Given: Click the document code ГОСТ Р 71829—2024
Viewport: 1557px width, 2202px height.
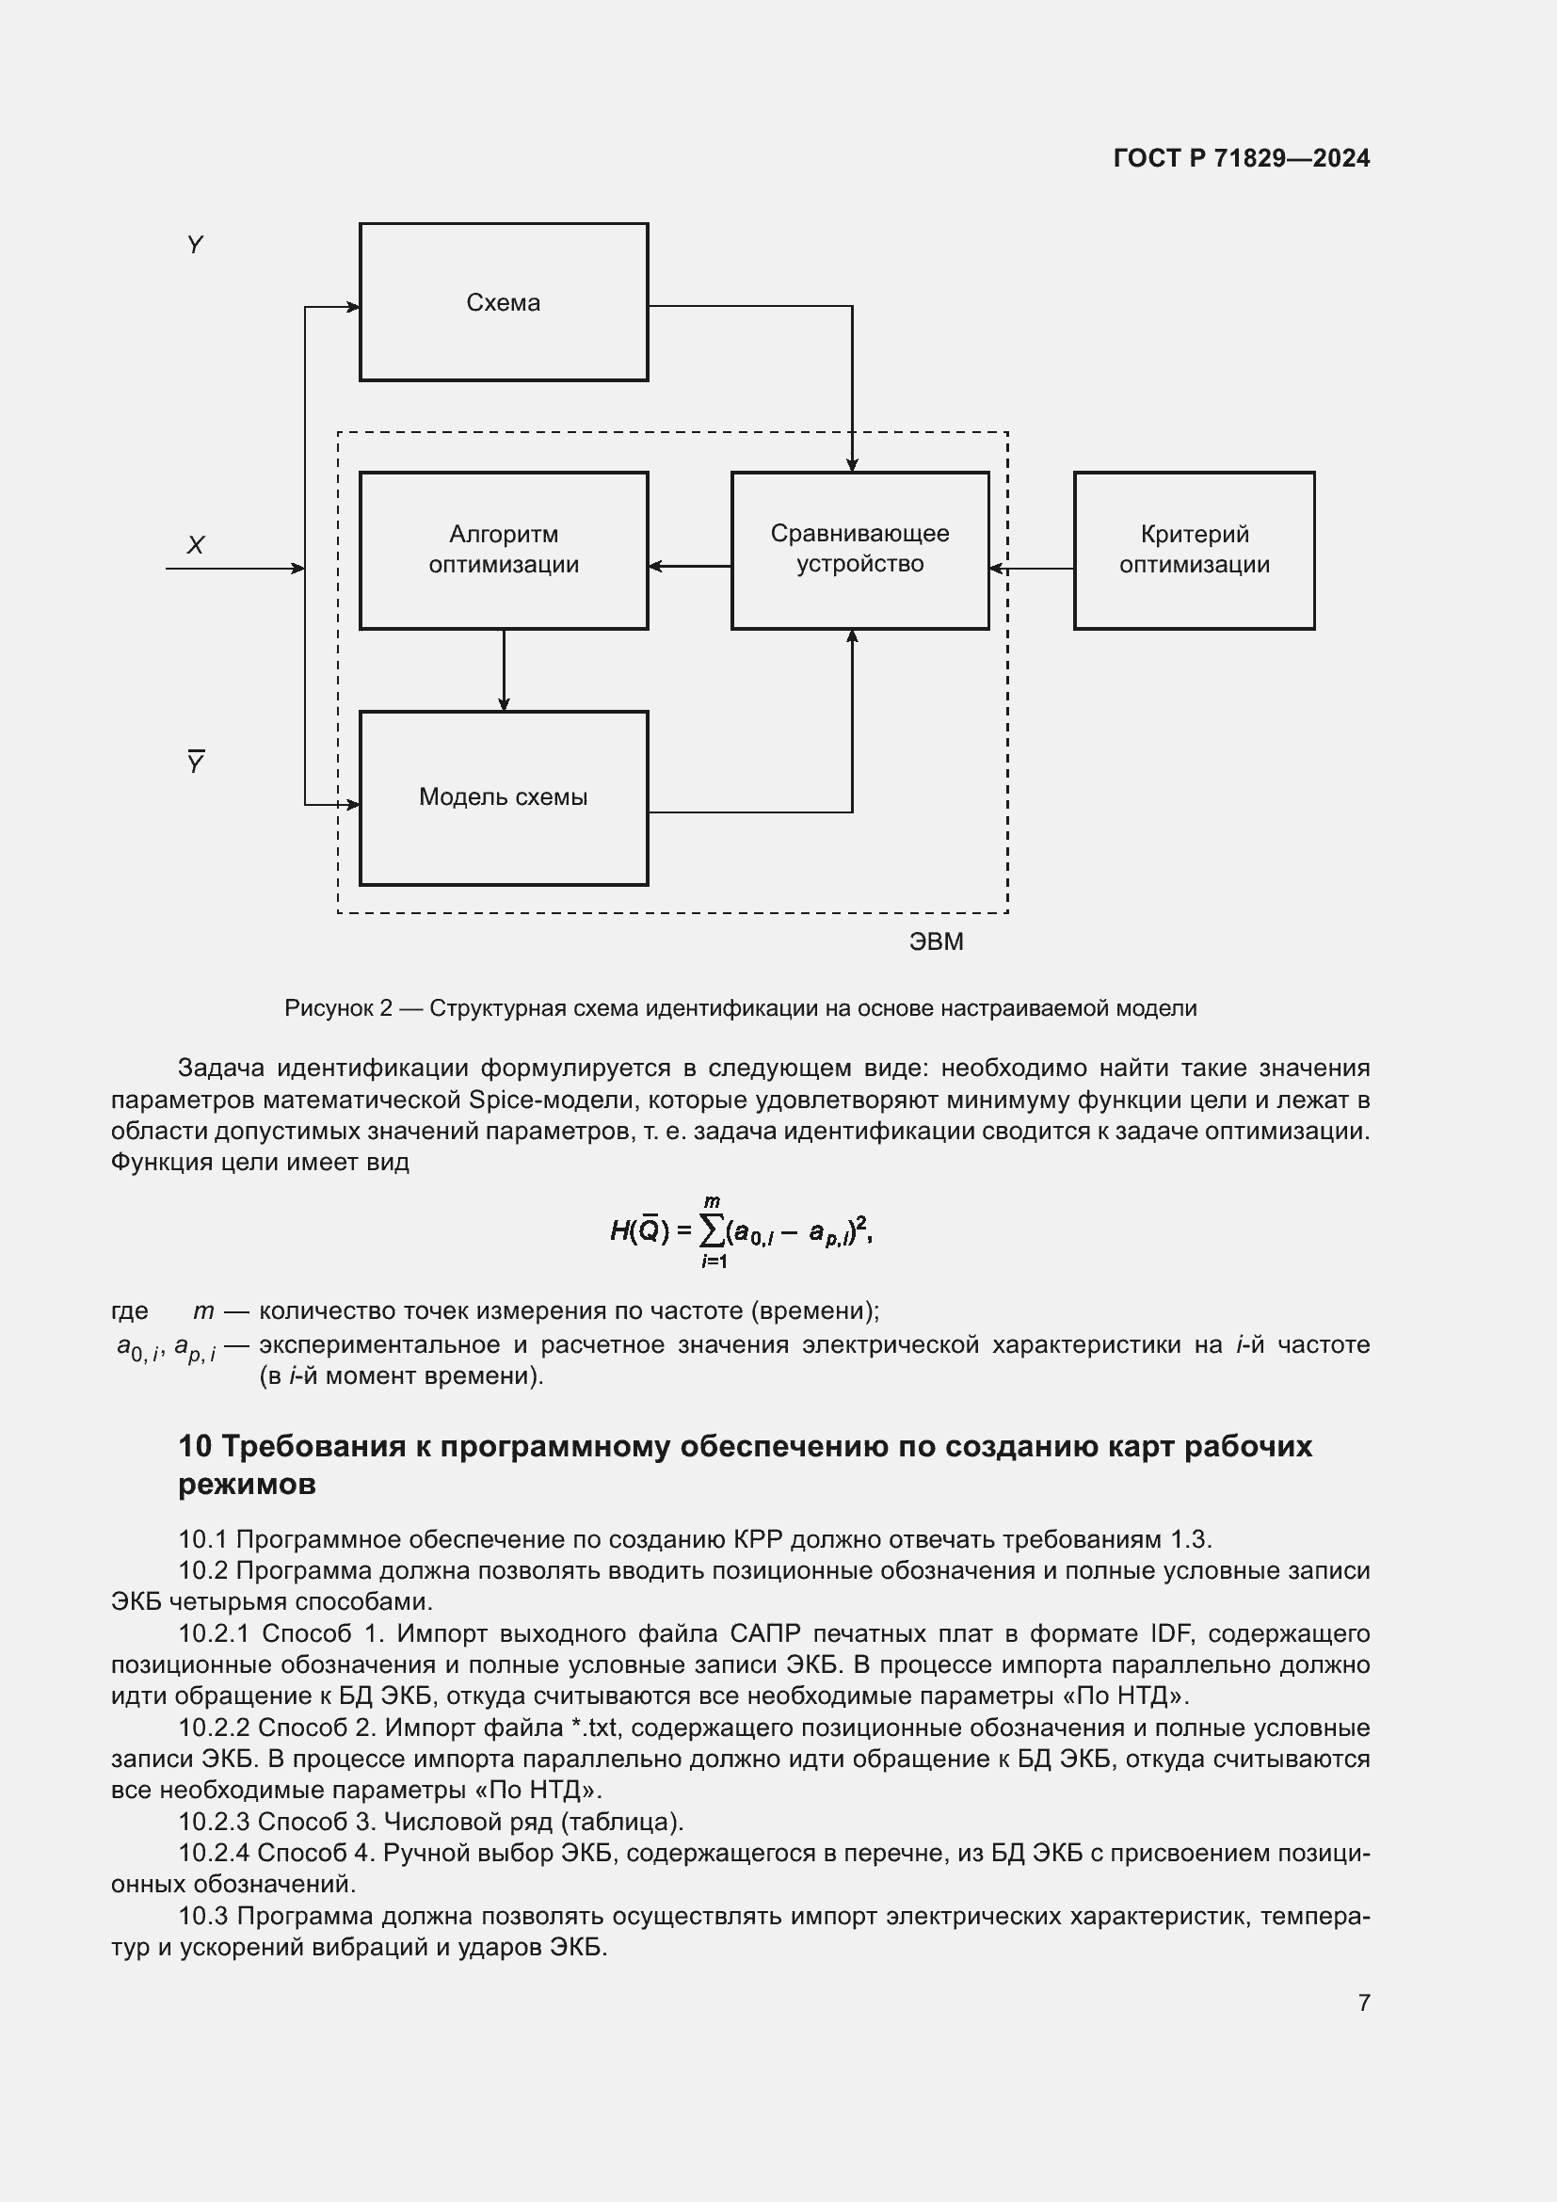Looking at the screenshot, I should (x=1241, y=158).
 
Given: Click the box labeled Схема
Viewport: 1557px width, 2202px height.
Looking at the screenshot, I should (x=504, y=303).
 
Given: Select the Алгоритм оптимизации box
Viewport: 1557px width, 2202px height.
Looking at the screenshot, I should (x=504, y=550).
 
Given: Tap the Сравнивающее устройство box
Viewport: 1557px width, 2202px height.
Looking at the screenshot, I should (x=859, y=550).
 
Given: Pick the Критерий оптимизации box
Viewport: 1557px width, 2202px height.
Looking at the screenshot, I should (x=1194, y=550).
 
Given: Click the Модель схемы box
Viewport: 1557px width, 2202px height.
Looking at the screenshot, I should (x=504, y=797).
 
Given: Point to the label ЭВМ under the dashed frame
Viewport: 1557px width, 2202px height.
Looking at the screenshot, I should (x=936, y=941).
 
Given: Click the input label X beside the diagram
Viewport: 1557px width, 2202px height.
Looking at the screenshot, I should (x=196, y=545).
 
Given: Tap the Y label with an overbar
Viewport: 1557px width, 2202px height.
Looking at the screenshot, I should (x=196, y=763).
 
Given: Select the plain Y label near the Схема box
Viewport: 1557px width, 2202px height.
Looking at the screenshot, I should (x=196, y=245).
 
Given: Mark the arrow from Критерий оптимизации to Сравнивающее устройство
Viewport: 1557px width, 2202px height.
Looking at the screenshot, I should (x=1031, y=569).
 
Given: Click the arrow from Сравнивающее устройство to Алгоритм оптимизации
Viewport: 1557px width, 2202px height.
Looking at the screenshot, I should (x=689, y=566).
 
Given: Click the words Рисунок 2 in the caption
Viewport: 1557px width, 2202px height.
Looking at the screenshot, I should (x=339, y=1008).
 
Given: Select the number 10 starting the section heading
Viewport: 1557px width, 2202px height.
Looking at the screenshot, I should (x=195, y=1445).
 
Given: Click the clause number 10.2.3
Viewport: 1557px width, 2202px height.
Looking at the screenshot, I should (x=214, y=1822).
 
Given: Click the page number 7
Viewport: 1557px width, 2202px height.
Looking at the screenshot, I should (x=1363, y=2002).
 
